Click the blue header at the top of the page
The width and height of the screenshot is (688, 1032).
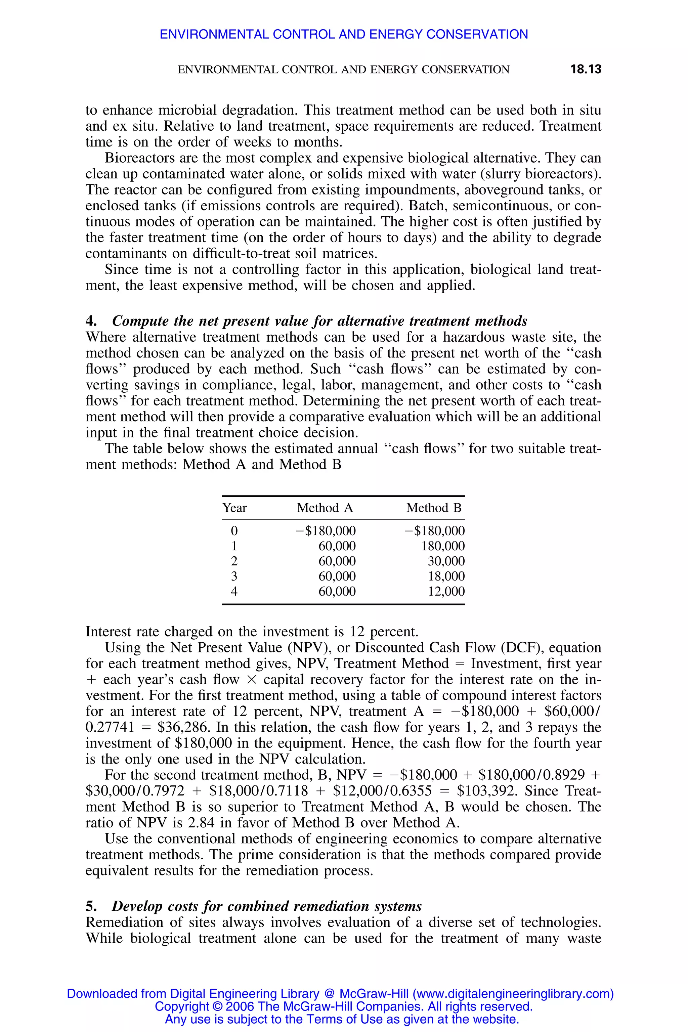click(344, 34)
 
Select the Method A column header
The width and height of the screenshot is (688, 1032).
click(325, 508)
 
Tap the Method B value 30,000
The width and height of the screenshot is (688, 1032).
click(446, 561)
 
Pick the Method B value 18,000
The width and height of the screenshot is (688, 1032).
click(446, 576)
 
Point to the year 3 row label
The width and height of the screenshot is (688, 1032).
click(234, 576)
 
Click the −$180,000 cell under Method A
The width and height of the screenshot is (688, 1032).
click(326, 531)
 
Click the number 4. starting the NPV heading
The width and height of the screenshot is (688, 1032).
click(91, 321)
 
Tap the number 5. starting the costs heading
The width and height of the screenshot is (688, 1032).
click(91, 906)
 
